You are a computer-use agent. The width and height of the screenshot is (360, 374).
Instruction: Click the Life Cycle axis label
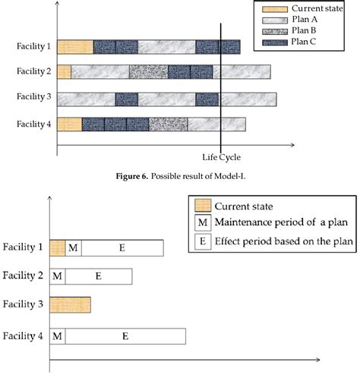[220, 158]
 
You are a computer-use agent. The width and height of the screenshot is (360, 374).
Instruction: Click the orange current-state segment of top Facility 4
[69, 124]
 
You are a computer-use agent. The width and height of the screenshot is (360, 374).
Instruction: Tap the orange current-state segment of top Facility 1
[74, 47]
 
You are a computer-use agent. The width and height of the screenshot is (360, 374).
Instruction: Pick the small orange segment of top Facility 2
[64, 73]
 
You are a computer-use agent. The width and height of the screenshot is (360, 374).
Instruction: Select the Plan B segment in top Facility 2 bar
[148, 73]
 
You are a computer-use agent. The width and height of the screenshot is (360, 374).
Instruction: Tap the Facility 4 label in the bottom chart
[23, 335]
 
